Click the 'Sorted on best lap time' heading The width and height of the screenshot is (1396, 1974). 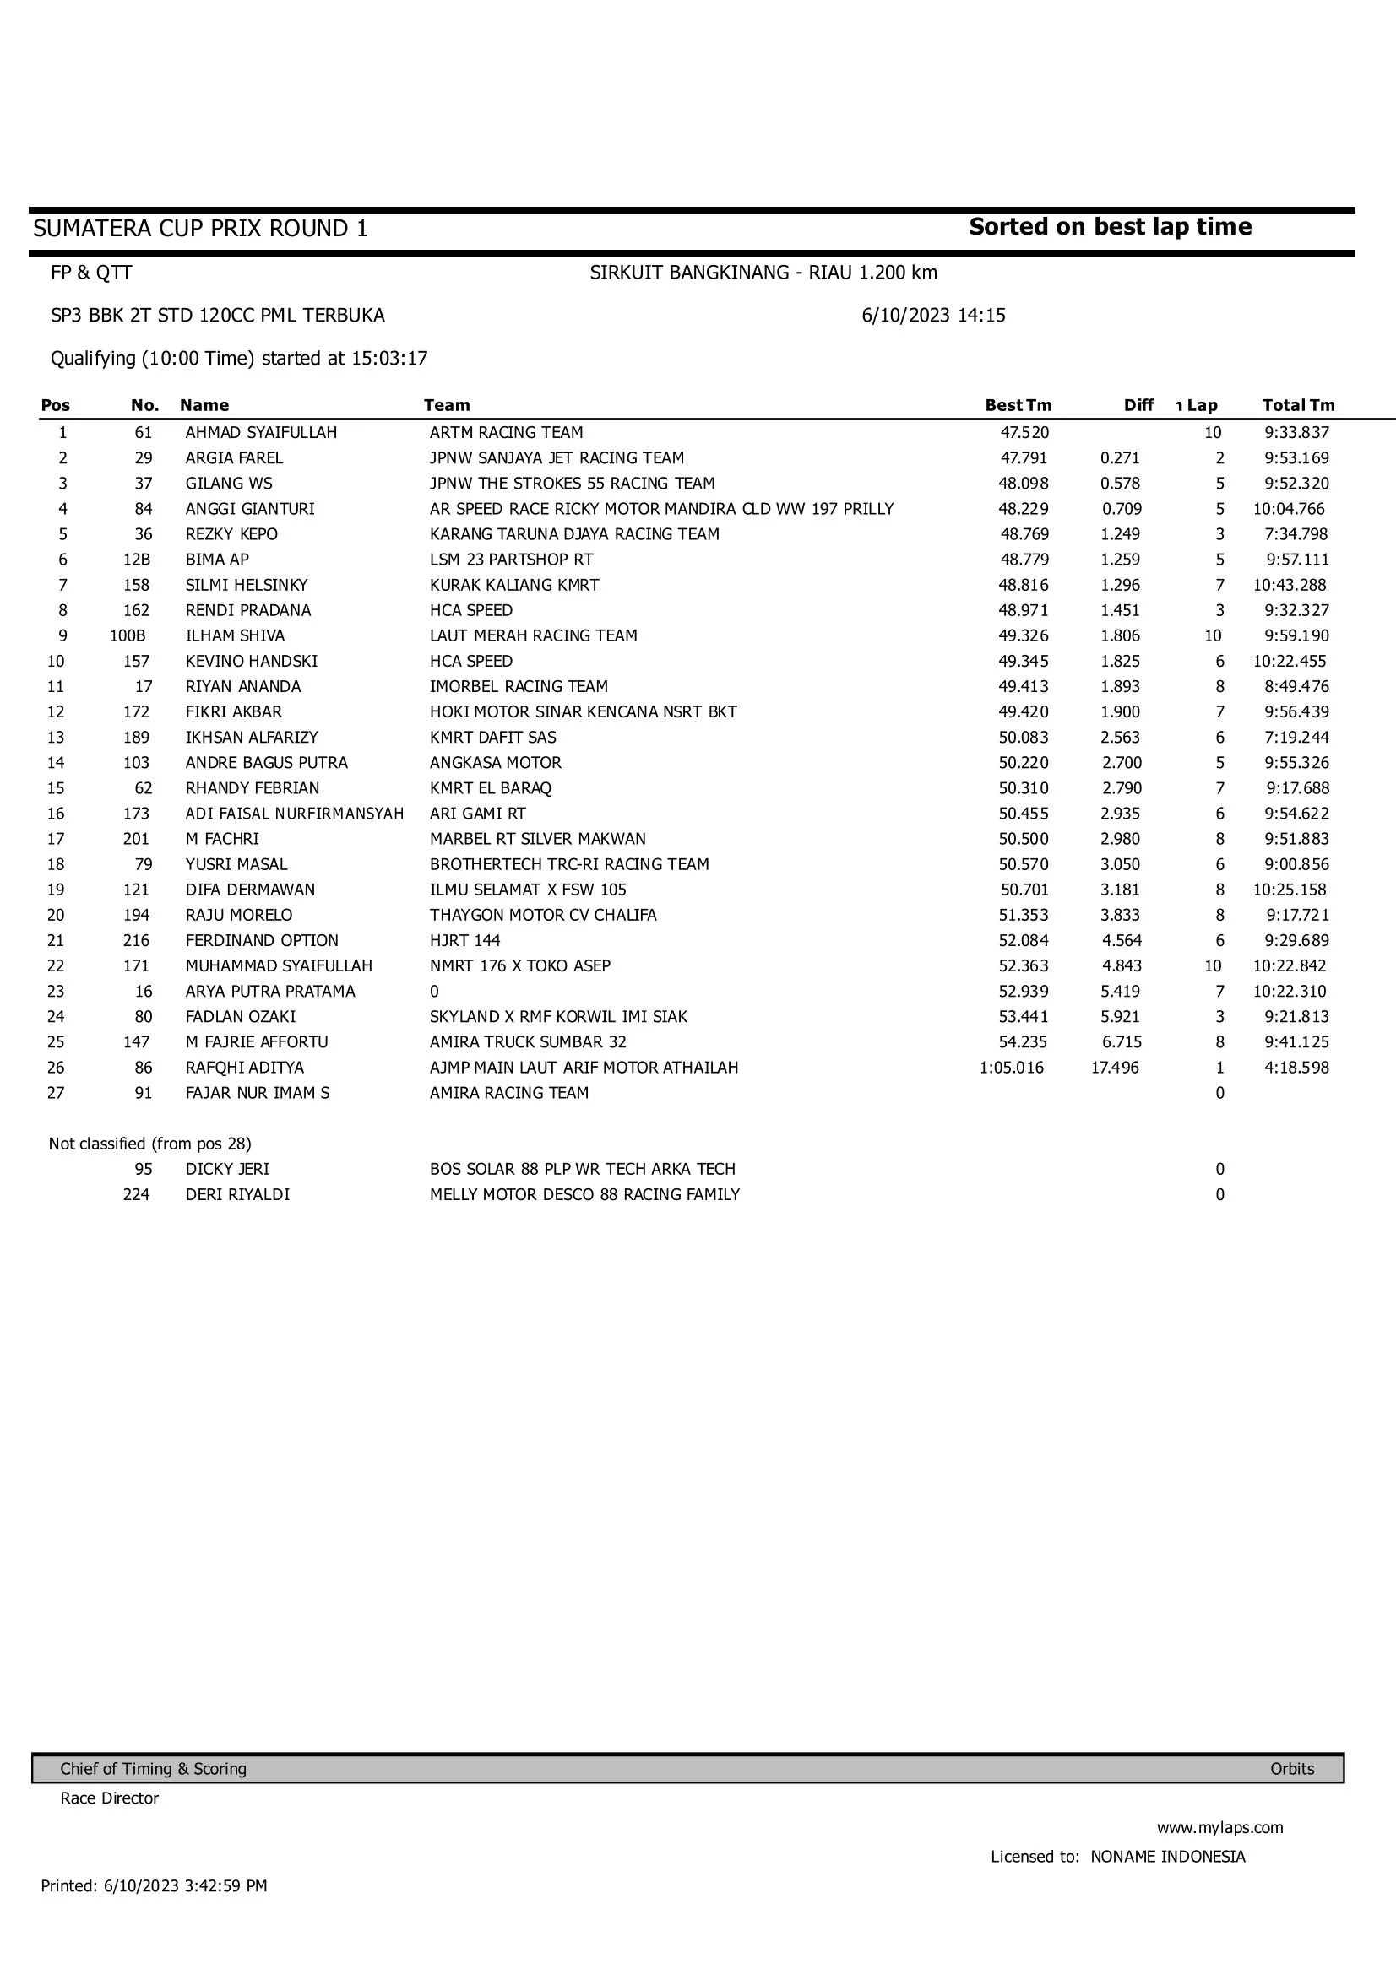(1110, 227)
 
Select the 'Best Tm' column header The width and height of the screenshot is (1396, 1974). (1018, 405)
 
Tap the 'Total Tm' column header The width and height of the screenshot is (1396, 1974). (1298, 405)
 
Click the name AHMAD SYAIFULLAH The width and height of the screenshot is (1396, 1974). (262, 432)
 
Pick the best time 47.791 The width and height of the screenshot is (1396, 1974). (1024, 458)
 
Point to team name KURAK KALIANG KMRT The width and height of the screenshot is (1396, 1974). (514, 585)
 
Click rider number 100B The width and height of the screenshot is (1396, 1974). (128, 635)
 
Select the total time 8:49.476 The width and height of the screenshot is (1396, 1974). (1296, 686)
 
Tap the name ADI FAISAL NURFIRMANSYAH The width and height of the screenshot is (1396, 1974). (294, 814)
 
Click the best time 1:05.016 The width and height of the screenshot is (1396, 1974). (1012, 1067)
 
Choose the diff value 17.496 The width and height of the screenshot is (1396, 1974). (1115, 1067)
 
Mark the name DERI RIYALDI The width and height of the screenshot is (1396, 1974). (237, 1194)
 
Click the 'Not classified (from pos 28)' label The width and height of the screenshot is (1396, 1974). (149, 1144)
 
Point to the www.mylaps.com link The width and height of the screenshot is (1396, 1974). (1219, 1827)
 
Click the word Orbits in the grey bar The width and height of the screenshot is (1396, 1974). (1292, 1769)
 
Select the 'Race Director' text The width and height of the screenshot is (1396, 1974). (109, 1798)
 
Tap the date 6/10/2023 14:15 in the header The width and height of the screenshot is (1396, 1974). (933, 316)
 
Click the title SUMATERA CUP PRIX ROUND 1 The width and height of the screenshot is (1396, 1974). (200, 229)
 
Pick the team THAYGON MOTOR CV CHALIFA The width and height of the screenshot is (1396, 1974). (543, 915)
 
